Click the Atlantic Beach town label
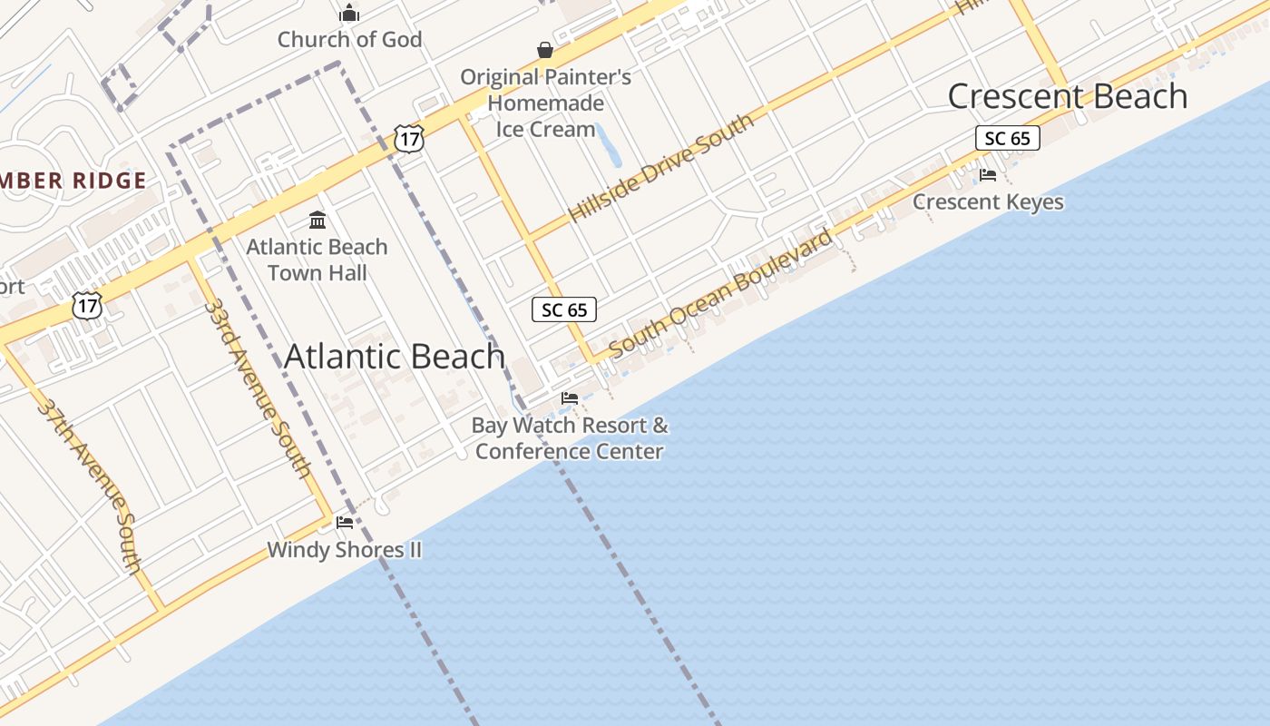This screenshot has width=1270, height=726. (x=395, y=357)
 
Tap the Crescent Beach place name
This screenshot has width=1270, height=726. (x=1068, y=96)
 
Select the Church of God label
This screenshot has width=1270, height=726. (x=349, y=40)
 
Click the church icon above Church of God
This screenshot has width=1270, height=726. (x=349, y=14)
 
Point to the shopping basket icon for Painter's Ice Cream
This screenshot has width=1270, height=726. (x=545, y=50)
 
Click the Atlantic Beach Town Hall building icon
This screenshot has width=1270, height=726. (x=317, y=220)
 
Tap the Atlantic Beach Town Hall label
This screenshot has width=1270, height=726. (x=317, y=260)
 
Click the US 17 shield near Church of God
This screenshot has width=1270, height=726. (x=409, y=138)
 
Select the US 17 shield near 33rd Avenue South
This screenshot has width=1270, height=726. (x=87, y=305)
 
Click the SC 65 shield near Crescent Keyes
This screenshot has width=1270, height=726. (x=1007, y=138)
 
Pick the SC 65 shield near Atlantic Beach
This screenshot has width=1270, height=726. (x=564, y=309)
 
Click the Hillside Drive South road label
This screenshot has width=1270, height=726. (x=661, y=169)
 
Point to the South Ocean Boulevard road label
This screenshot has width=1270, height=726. (x=721, y=292)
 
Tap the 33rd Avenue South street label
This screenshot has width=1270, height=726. (x=258, y=388)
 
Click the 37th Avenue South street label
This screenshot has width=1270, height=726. (x=90, y=486)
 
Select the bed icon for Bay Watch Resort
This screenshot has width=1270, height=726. (x=570, y=397)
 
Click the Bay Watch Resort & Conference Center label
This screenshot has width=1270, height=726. (x=570, y=438)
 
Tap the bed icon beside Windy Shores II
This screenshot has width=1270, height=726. (x=345, y=522)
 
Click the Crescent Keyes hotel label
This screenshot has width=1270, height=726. (x=988, y=201)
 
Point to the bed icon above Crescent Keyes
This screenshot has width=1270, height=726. (x=988, y=174)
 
